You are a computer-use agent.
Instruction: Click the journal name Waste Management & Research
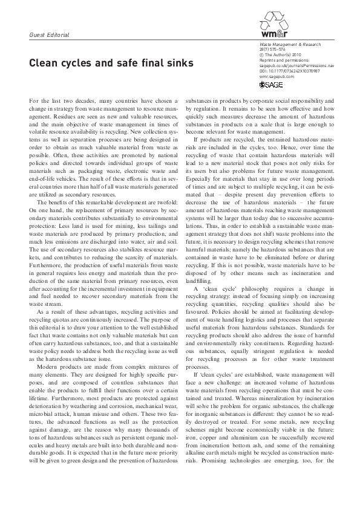[x=283, y=47]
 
